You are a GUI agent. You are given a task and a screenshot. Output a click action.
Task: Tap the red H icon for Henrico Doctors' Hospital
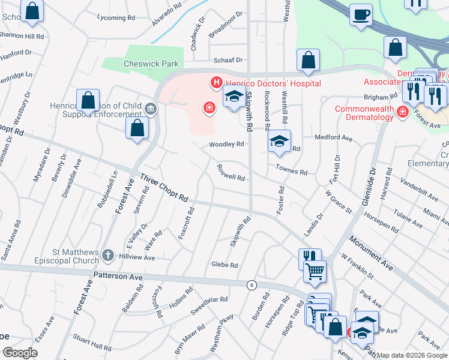pyautogui.click(x=214, y=82)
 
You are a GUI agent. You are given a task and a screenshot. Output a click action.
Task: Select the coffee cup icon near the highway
pyautogui.click(x=361, y=14)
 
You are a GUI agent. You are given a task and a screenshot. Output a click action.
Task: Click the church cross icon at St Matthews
pyautogui.click(x=107, y=256)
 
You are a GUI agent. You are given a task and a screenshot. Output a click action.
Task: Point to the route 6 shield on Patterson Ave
pyautogui.click(x=251, y=285)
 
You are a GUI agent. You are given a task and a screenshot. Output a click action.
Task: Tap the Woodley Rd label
pyautogui.click(x=226, y=145)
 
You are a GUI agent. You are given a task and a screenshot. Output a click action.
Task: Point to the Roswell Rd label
pyautogui.click(x=231, y=173)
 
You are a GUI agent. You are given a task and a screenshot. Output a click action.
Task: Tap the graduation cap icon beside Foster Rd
pyautogui.click(x=279, y=141)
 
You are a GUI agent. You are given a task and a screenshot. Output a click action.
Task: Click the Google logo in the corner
pyautogui.click(x=20, y=352)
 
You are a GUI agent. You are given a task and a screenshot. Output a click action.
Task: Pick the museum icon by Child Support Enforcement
pyautogui.click(x=150, y=109)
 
